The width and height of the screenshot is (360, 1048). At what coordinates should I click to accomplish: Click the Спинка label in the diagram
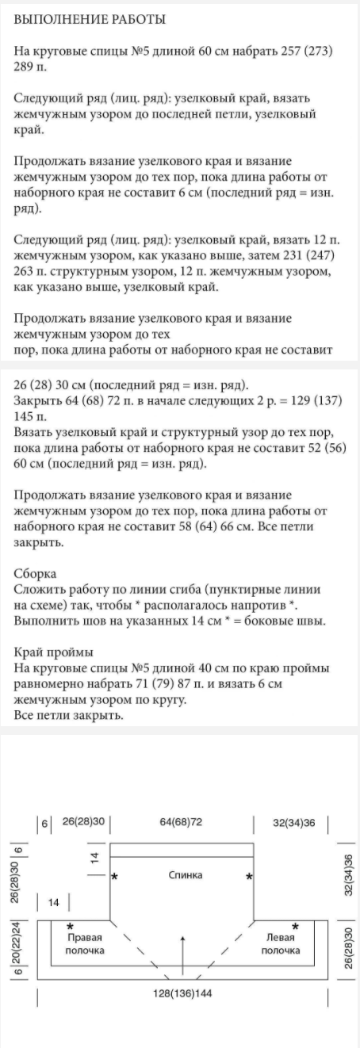(x=185, y=875)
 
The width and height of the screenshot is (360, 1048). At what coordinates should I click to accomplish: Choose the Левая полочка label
(x=281, y=943)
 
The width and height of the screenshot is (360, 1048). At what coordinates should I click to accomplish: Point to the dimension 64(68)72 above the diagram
(x=181, y=822)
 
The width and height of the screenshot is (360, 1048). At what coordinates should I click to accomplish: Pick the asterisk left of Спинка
(x=116, y=877)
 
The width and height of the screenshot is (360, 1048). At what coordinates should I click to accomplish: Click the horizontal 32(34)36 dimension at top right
(x=293, y=822)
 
